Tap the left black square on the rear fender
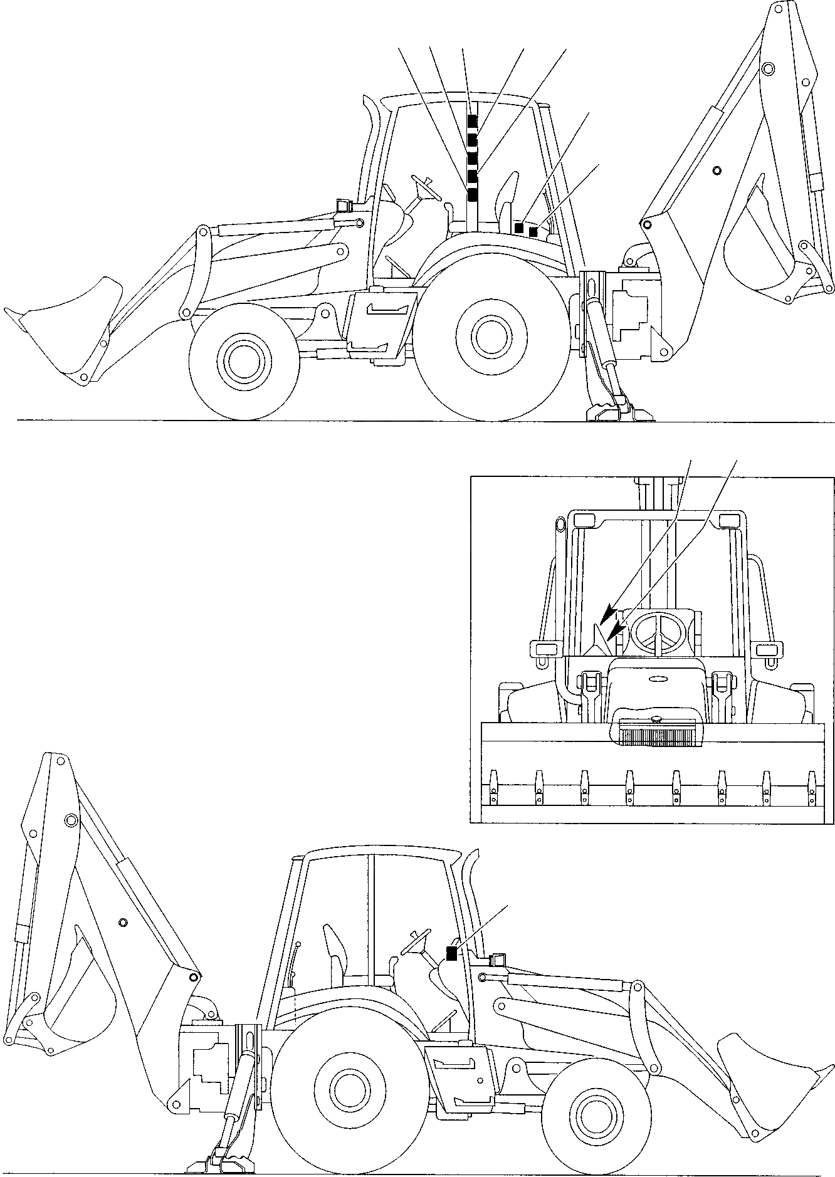click(519, 228)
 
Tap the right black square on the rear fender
click(533, 232)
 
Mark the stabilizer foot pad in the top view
click(602, 413)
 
